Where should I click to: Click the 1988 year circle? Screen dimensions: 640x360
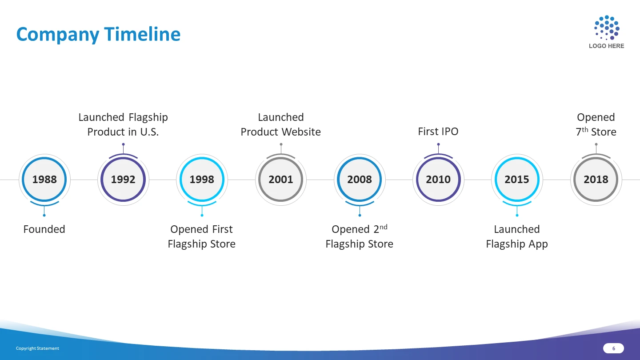[44, 180]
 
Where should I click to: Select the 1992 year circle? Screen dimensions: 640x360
[123, 180]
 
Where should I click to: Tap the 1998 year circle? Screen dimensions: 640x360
[202, 180]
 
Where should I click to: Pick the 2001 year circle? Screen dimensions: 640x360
[281, 180]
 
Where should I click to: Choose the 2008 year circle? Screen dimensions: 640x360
[360, 180]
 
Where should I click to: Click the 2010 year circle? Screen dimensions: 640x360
[438, 180]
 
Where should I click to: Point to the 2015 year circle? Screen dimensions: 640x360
[517, 180]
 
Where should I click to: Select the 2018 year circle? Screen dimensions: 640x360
[596, 180]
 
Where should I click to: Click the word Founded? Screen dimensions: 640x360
[44, 229]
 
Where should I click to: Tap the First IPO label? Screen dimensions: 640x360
[438, 132]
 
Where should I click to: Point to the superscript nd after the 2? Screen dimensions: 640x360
[384, 227]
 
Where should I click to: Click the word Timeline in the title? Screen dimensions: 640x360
[142, 34]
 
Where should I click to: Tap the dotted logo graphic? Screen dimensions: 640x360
[607, 28]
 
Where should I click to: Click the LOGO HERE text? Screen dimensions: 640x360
[607, 46]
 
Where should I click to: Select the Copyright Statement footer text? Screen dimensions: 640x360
[37, 348]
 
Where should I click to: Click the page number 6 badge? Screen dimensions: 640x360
[613, 348]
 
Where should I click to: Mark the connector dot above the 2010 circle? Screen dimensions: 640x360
[438, 144]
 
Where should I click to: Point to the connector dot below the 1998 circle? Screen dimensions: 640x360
[202, 215]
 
